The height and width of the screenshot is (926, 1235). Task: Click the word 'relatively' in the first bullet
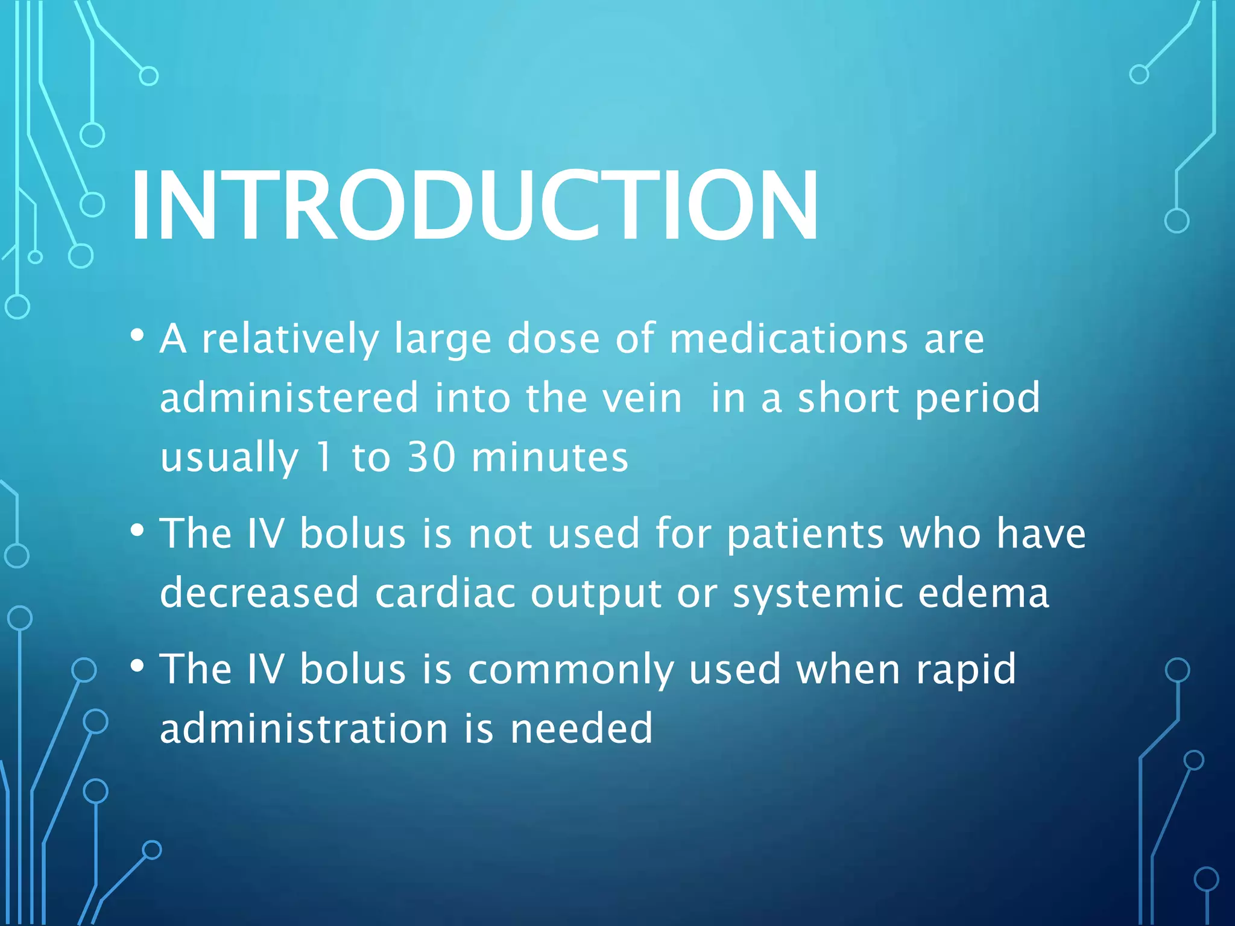tap(290, 339)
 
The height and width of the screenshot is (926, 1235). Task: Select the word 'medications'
tap(788, 339)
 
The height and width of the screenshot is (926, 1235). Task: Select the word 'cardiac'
tap(445, 593)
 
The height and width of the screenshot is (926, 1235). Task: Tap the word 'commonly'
tap(570, 670)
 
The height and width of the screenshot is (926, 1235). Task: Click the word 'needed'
tap(581, 728)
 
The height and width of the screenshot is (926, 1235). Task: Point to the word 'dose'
tap(554, 339)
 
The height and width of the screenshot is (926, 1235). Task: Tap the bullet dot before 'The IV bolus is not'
tap(137, 531)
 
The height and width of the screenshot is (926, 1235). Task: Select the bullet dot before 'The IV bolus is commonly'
tap(137, 666)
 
